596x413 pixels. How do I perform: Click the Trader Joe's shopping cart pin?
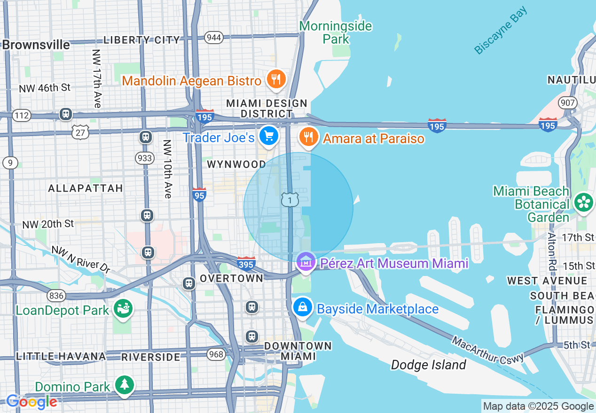tap(269, 137)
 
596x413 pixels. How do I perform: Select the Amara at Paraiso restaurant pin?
tap(308, 137)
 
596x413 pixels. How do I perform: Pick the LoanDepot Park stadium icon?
tap(123, 309)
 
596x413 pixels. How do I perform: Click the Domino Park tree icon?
tap(125, 385)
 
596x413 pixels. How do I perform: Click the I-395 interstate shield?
tap(246, 264)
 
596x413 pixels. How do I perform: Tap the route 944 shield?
tap(214, 38)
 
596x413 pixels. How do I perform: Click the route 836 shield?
tap(56, 295)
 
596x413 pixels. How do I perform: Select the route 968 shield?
tap(216, 354)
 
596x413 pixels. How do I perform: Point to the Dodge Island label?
tap(428, 365)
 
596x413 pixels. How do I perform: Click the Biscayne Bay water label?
tap(500, 31)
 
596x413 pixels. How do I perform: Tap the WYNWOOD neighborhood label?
tap(236, 164)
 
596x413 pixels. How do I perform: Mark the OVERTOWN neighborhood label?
tap(231, 278)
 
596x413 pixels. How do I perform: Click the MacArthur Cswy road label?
tap(488, 349)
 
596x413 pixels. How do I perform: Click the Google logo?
tap(31, 402)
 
